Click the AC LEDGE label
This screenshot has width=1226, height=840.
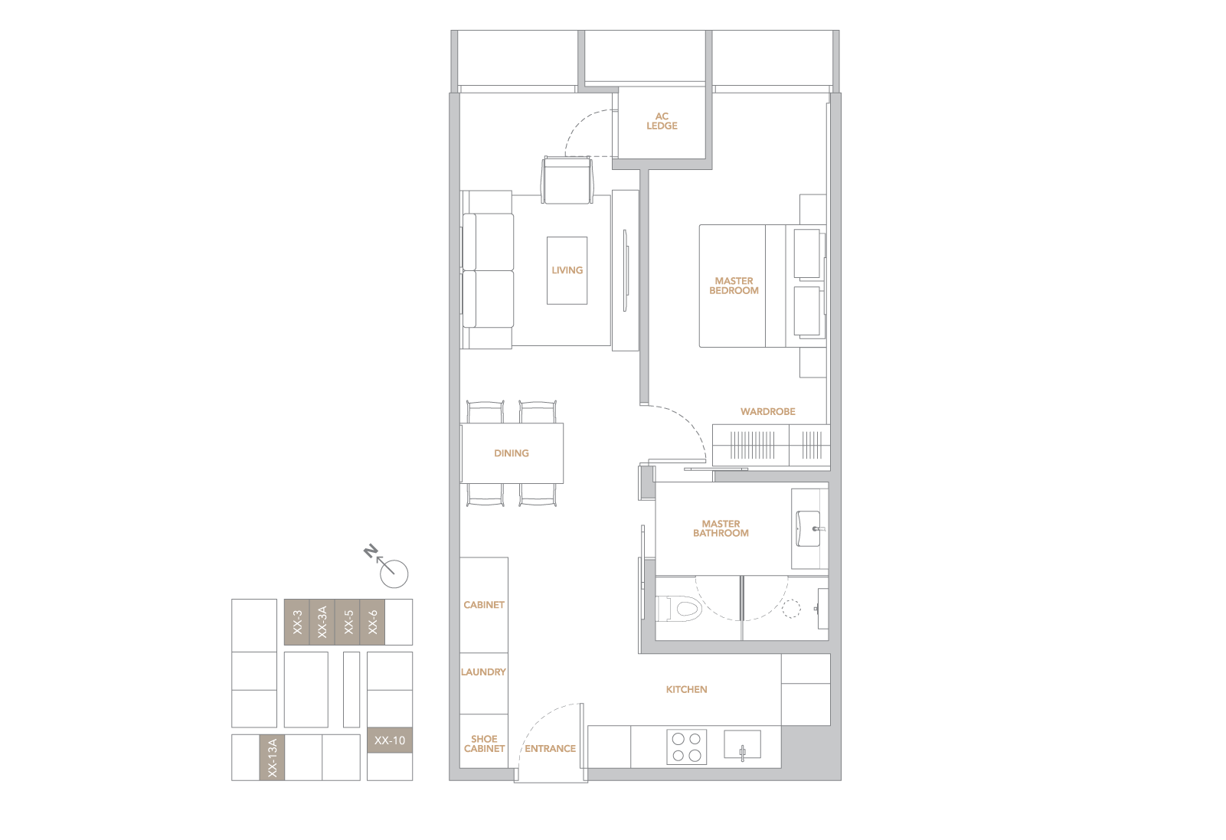click(x=662, y=121)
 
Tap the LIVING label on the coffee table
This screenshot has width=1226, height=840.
click(x=567, y=270)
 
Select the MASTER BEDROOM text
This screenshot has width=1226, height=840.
click(x=734, y=286)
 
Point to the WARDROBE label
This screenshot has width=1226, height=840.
click(x=768, y=411)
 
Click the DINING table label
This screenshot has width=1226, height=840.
click(x=512, y=453)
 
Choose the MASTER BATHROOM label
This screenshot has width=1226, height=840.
click(x=721, y=528)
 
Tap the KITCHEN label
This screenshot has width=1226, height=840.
click(x=686, y=689)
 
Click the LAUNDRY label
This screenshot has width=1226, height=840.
click(x=483, y=672)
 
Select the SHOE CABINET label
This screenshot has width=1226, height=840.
click(x=485, y=744)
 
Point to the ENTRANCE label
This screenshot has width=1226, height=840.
click(x=550, y=749)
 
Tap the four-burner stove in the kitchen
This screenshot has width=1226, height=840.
click(x=686, y=747)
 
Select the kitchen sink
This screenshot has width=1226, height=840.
click(x=742, y=745)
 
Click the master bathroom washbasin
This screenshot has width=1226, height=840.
click(x=809, y=528)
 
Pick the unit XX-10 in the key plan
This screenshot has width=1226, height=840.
click(x=390, y=740)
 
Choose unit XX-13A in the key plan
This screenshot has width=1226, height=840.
click(x=272, y=757)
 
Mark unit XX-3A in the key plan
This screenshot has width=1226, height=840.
click(x=322, y=623)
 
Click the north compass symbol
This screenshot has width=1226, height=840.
click(x=388, y=567)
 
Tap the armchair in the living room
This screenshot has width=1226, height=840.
click(x=567, y=180)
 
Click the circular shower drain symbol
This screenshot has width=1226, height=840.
click(x=791, y=609)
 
